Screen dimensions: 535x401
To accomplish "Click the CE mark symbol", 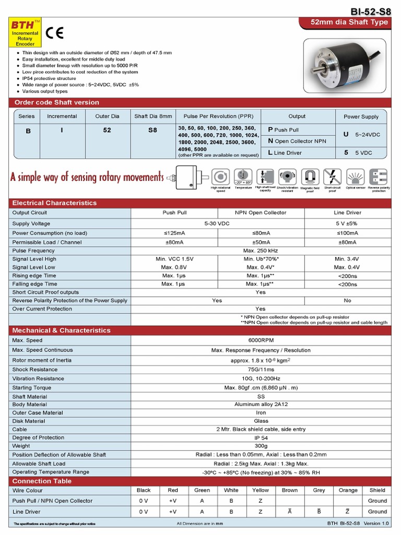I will [54, 33].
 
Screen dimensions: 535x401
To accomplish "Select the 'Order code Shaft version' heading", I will [56, 102].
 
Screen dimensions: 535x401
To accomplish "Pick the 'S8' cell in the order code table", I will [152, 131].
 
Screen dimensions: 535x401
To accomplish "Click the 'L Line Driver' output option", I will [285, 153].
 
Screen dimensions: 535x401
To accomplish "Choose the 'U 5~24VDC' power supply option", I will [361, 134].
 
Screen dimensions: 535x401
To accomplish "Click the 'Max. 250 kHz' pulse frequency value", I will [261, 251].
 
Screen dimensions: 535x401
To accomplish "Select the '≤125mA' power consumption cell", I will [174, 233].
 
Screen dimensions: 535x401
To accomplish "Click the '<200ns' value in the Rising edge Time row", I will [347, 276].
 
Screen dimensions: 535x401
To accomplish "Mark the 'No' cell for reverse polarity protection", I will [347, 300].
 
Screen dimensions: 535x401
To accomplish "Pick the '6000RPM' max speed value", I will [261, 340].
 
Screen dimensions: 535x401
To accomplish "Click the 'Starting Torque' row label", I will [32, 388].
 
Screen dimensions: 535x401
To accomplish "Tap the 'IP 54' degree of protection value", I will [261, 438].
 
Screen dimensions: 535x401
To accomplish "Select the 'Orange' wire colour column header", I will [348, 490].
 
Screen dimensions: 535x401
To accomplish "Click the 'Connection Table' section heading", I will [42, 481].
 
